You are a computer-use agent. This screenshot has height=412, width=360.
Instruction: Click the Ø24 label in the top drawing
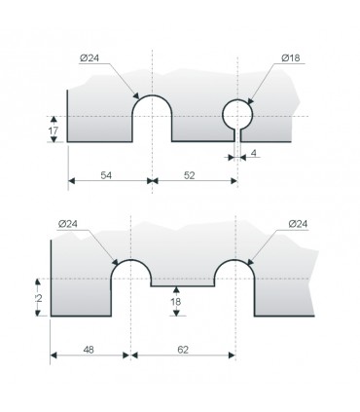[90, 58]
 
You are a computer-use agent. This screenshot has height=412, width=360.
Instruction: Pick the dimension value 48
[89, 346]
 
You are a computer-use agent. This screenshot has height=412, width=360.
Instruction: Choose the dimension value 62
[184, 346]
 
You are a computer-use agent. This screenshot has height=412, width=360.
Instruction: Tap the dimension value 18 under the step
[175, 303]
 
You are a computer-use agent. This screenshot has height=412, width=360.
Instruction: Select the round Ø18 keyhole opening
[237, 115]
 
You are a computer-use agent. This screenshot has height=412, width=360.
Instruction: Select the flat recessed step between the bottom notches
[183, 286]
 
